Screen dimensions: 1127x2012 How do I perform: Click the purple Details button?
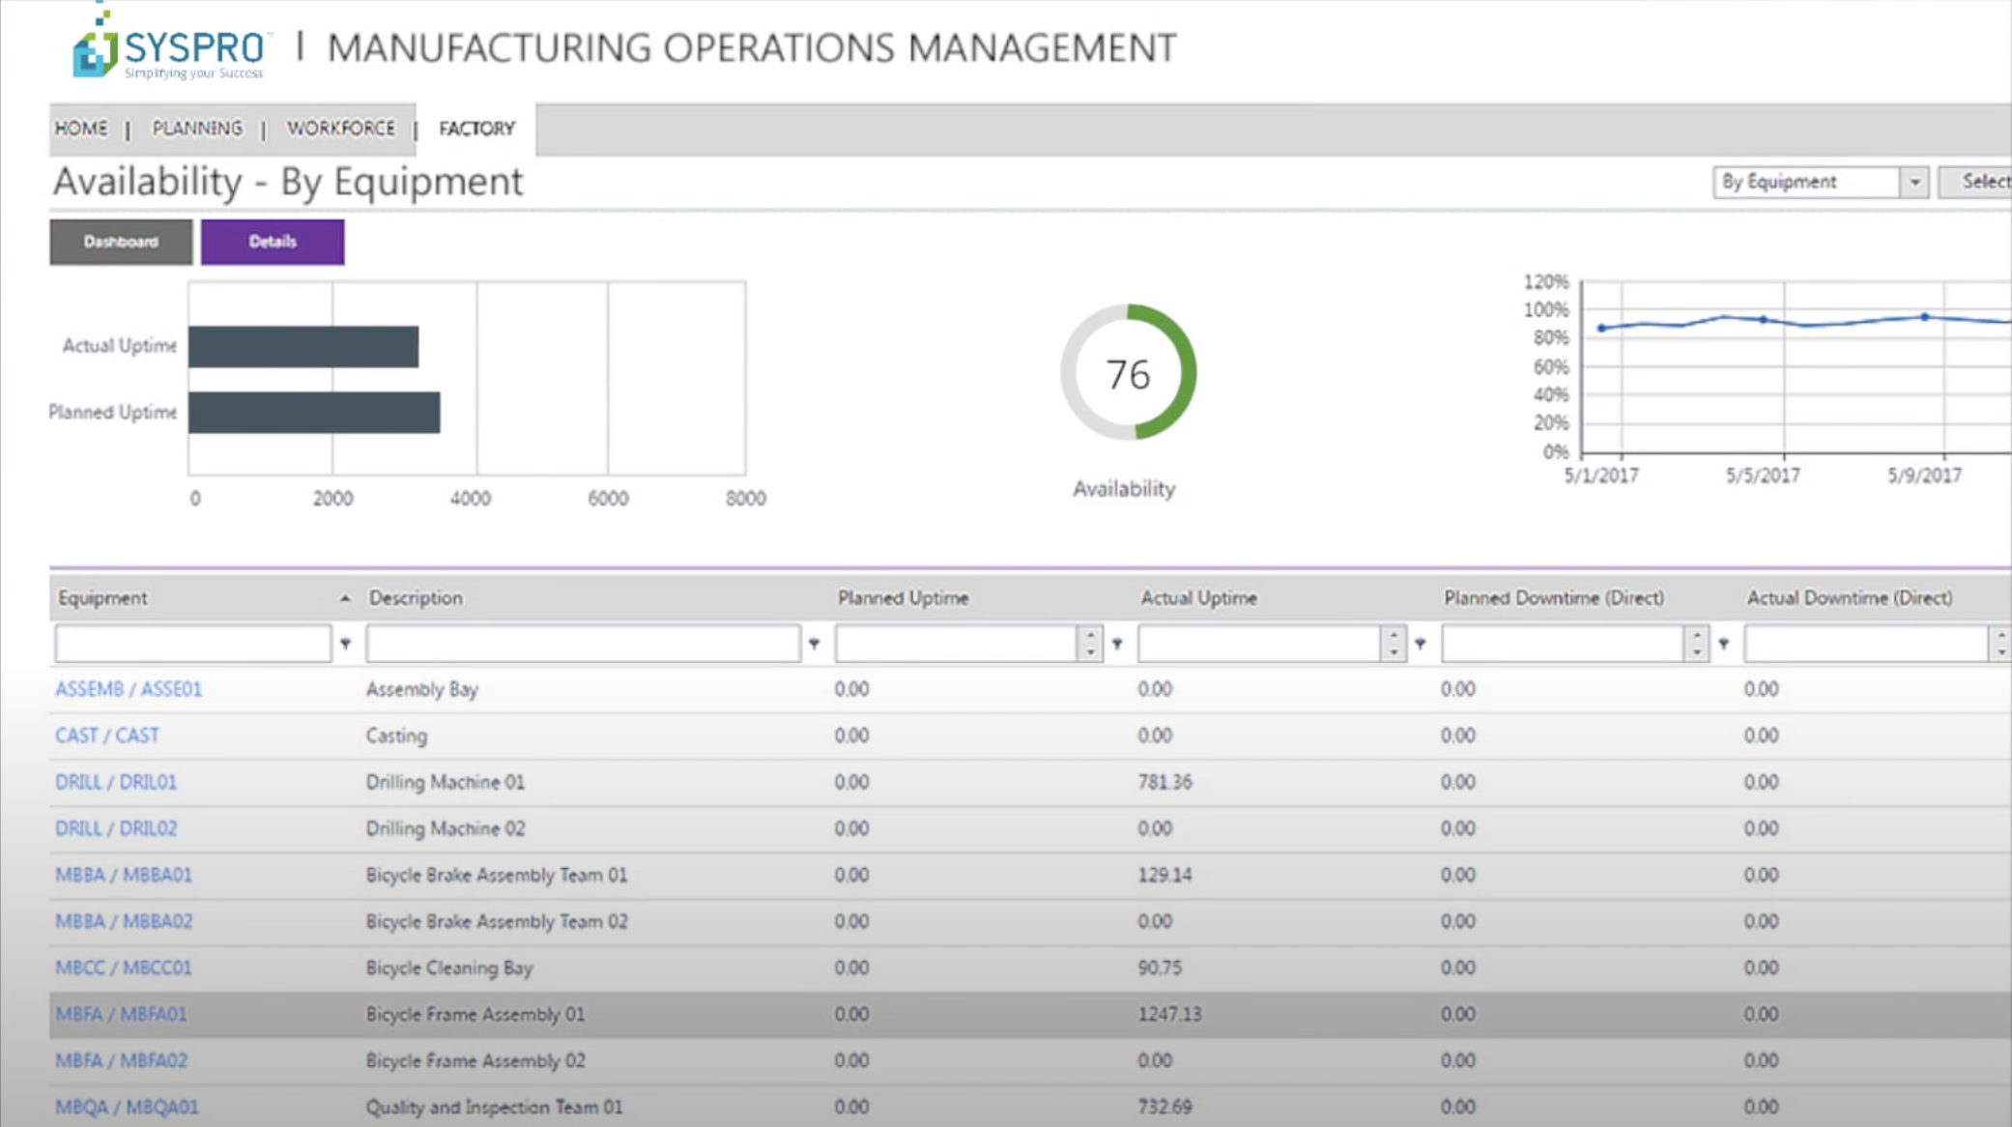(272, 242)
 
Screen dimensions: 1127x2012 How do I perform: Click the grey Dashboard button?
(121, 242)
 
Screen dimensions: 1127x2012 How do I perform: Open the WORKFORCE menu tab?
(340, 129)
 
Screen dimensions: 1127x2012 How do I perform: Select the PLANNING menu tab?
(197, 129)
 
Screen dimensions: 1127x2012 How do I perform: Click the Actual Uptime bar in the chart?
(303, 347)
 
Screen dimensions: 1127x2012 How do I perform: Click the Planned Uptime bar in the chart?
(314, 413)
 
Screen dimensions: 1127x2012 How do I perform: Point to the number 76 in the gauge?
(1127, 375)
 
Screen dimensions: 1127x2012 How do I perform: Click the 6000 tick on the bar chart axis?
(608, 499)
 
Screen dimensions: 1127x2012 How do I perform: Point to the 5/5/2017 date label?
(1763, 476)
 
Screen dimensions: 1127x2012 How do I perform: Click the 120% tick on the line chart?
(1545, 282)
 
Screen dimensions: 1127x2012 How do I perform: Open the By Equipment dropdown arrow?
(1913, 182)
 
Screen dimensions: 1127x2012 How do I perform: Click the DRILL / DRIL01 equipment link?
(116, 782)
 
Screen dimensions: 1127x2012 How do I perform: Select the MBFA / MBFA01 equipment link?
(121, 1014)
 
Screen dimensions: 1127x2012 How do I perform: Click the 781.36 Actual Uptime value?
(1164, 782)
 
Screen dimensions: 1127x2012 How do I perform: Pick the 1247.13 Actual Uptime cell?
(1169, 1014)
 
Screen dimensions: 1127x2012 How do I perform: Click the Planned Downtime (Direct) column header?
(1553, 598)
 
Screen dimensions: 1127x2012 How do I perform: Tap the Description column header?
(416, 598)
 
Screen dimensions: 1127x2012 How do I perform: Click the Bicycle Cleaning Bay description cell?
(449, 968)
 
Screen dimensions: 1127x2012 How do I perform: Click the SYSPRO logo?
(169, 48)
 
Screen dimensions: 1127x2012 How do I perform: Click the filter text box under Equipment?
(193, 644)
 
